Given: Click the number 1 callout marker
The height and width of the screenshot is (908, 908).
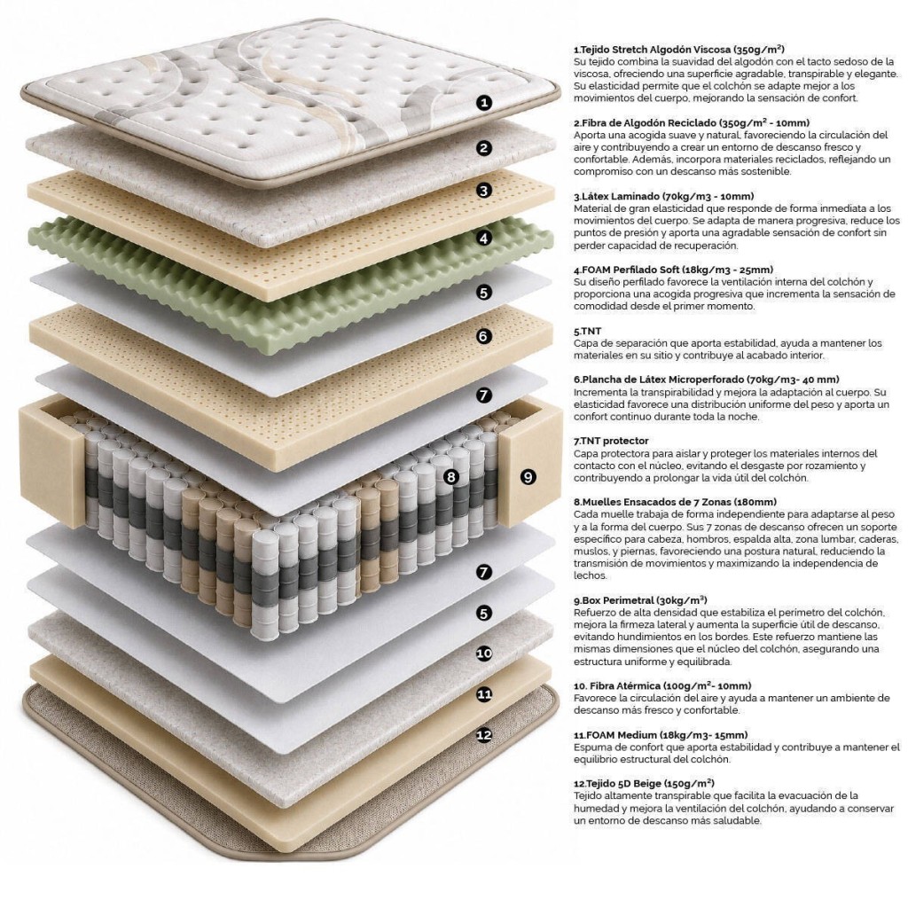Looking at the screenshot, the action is click(484, 103).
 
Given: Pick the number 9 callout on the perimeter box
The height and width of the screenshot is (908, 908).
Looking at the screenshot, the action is click(528, 476).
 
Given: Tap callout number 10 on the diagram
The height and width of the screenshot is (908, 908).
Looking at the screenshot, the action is click(484, 654).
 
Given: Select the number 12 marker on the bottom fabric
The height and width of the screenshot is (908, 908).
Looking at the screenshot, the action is click(484, 735).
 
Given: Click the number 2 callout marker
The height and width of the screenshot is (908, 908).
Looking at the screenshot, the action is click(484, 148).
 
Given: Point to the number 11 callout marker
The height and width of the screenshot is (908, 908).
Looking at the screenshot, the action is click(484, 693).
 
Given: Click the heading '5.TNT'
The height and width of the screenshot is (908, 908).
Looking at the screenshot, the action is click(587, 332).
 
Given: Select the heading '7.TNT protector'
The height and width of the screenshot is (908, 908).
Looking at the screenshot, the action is click(611, 441).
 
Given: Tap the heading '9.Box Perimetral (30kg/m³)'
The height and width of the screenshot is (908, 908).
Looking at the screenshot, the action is click(640, 600).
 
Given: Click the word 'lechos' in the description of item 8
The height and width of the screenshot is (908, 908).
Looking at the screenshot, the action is click(590, 575).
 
